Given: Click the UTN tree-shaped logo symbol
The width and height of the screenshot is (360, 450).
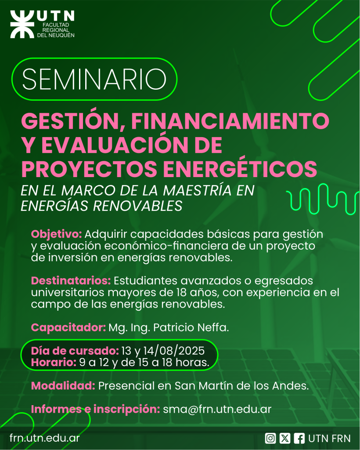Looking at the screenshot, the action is click(22, 25).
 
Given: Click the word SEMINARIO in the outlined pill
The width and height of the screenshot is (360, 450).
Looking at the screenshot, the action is click(94, 79).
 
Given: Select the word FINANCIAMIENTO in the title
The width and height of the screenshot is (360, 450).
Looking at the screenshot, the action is click(230, 121).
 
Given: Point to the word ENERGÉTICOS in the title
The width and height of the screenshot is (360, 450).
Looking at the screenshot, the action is click(240, 169).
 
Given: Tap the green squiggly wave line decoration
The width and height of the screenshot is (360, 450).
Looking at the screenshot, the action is click(322, 199).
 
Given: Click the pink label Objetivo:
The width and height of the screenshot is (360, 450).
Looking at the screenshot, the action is click(57, 234).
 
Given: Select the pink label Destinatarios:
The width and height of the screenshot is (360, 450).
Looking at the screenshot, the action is click(71, 280).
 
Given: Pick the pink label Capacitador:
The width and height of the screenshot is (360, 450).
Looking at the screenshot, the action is click(68, 327).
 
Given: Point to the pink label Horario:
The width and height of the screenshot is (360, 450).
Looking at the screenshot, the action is click(54, 363).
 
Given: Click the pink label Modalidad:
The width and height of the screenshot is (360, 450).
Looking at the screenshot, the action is click(63, 386).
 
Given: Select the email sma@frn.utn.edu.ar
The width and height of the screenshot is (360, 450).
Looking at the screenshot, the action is click(217, 409).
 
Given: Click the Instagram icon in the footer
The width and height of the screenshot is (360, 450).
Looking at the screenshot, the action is click(270, 438).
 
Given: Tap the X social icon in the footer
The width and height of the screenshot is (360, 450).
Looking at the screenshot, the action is click(284, 438).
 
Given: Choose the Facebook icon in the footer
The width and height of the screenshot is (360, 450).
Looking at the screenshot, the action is click(299, 438).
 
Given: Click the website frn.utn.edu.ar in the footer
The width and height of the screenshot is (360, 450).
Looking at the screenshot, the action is click(44, 438).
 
